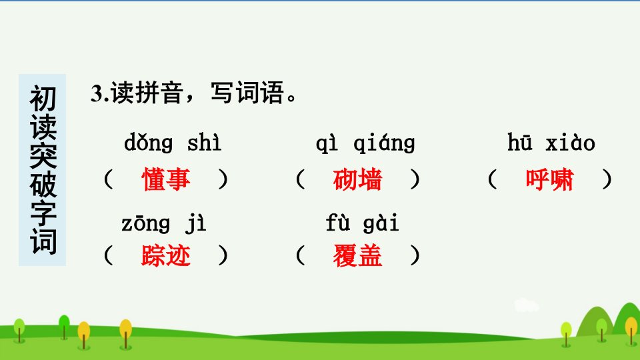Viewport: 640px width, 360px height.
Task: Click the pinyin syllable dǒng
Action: tap(149, 143)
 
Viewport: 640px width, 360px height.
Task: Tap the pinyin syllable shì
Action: tap(204, 143)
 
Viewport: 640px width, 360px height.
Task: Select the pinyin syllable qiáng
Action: tap(384, 143)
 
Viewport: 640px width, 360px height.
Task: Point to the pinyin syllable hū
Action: tap(520, 142)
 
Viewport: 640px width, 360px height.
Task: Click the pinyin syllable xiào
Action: tap(570, 143)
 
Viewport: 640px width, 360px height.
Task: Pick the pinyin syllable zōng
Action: tap(146, 224)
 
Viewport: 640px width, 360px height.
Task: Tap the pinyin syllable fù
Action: tap(338, 223)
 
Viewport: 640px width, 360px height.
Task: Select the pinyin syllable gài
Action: tap(381, 223)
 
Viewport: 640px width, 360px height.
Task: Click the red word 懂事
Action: tap(166, 179)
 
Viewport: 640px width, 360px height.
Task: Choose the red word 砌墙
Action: tap(357, 179)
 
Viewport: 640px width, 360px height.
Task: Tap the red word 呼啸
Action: tap(549, 179)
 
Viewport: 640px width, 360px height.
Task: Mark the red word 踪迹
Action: tap(166, 255)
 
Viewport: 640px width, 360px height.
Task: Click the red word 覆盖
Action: tap(357, 255)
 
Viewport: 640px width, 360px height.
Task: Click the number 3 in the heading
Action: tap(96, 93)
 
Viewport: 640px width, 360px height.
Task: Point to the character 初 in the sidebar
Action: tap(43, 99)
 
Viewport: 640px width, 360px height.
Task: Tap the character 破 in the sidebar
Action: tap(43, 185)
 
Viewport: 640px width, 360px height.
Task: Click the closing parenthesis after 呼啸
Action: tap(607, 179)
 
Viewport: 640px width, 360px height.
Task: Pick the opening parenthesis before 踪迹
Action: tap(108, 255)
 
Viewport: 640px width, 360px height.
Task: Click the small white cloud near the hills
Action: tap(526, 305)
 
